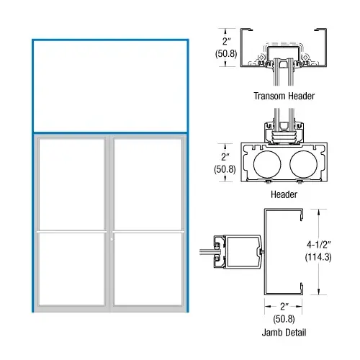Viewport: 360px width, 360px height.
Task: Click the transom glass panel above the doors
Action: (110, 86)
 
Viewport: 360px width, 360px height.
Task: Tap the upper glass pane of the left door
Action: (73, 184)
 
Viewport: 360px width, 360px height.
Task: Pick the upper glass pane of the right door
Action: (148, 184)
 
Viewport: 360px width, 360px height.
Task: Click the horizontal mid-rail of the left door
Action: (73, 232)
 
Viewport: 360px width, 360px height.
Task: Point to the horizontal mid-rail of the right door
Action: (148, 232)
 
